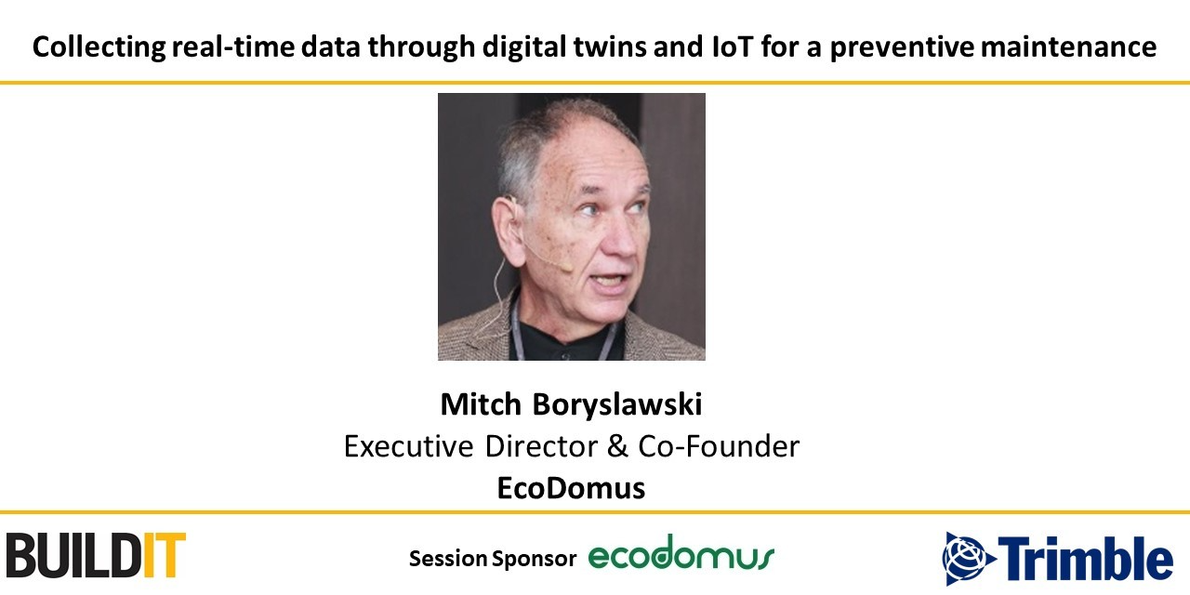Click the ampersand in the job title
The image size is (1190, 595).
[x=617, y=447]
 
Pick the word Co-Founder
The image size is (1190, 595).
[x=719, y=447]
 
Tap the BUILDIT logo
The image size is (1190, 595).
[x=95, y=555]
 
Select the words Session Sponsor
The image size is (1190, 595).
[x=493, y=559]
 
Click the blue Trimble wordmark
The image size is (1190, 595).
[x=1089, y=560]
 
